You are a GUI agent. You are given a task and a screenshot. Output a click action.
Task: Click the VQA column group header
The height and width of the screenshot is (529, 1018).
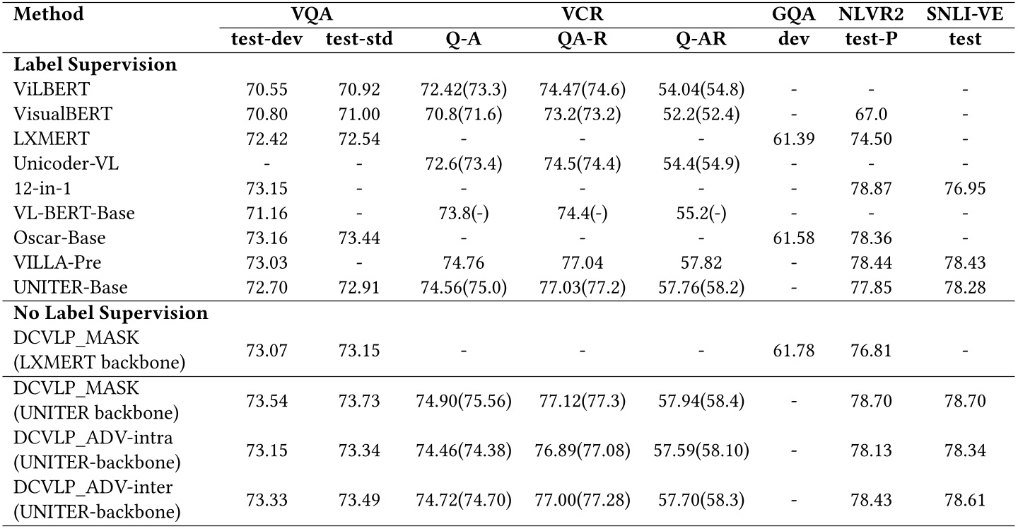312,14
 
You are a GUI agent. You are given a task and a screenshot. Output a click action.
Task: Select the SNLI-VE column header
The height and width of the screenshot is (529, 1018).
965,14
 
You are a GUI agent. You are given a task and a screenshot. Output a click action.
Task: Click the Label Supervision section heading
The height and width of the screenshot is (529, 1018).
94,64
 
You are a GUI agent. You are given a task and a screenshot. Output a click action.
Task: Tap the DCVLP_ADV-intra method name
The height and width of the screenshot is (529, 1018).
93,438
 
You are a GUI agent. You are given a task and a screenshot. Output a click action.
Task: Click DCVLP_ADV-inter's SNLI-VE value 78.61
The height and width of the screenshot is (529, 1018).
965,500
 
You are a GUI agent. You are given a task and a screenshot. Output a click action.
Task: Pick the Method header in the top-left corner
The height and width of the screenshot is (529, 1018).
48,14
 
